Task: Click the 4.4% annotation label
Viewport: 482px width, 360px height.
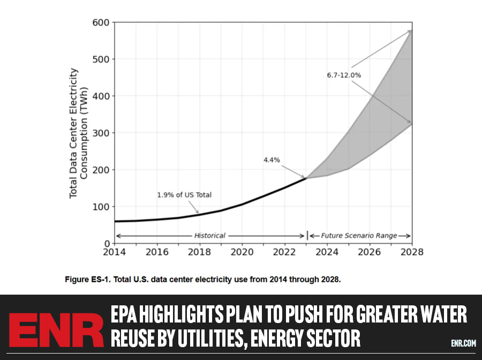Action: [x=272, y=160]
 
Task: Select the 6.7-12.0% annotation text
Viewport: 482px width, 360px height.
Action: [x=344, y=76]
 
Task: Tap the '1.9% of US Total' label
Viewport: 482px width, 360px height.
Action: [x=184, y=195]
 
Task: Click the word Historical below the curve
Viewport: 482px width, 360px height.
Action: [x=209, y=236]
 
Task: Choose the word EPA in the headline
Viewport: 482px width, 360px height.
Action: [x=127, y=316]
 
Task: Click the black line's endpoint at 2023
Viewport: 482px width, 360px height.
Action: [x=305, y=178]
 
